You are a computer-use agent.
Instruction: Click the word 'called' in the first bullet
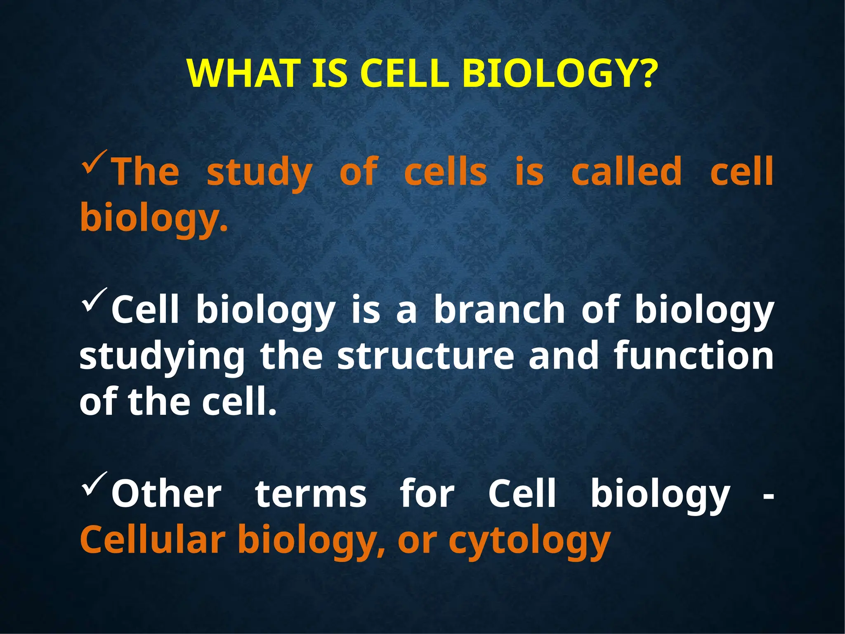626,171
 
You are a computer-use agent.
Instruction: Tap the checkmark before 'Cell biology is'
94,300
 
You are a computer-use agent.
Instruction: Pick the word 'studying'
162,357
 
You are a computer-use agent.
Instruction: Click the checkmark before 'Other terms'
94,484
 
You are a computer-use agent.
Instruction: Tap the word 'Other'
167,494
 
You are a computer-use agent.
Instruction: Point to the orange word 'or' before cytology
417,541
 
